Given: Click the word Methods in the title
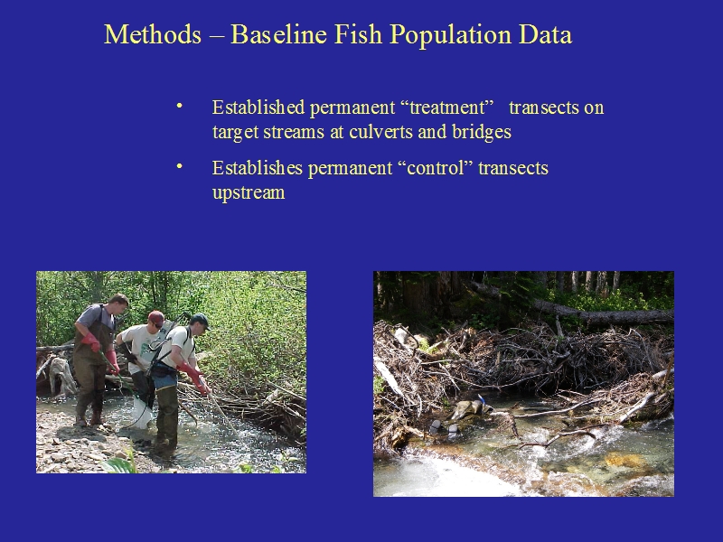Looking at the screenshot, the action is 153,34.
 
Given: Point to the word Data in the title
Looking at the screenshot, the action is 546,34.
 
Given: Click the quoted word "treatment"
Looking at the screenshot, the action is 447,107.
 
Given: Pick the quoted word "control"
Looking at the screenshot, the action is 439,168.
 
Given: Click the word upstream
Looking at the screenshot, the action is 249,192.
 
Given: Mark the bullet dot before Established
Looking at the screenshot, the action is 180,107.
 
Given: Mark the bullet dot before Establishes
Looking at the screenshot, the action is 180,167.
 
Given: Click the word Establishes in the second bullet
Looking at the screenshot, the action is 258,168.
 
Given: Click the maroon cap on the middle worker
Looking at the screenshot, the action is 156,317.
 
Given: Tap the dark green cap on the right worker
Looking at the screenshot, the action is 200,320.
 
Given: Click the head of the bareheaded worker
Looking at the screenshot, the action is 118,304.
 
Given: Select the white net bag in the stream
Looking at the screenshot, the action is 142,414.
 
